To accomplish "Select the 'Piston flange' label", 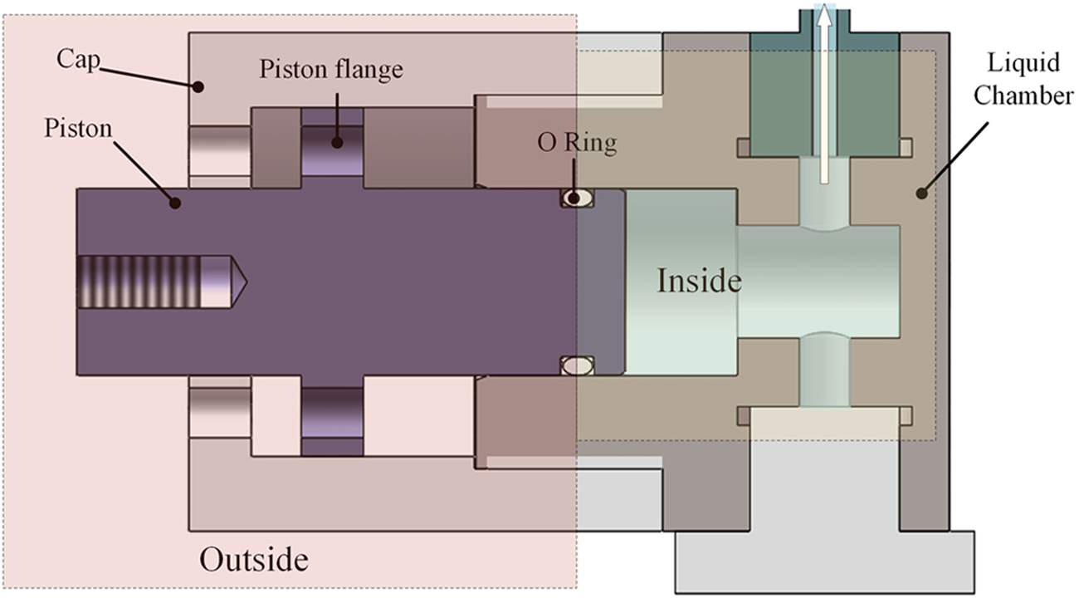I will (x=331, y=69).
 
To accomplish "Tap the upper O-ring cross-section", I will (x=577, y=198).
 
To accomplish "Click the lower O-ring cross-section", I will (x=577, y=365).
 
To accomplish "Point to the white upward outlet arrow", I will (x=823, y=91).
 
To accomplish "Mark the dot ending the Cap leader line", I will (x=198, y=86).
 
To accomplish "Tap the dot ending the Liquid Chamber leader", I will (x=920, y=194).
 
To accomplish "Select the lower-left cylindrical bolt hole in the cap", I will (x=220, y=413).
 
